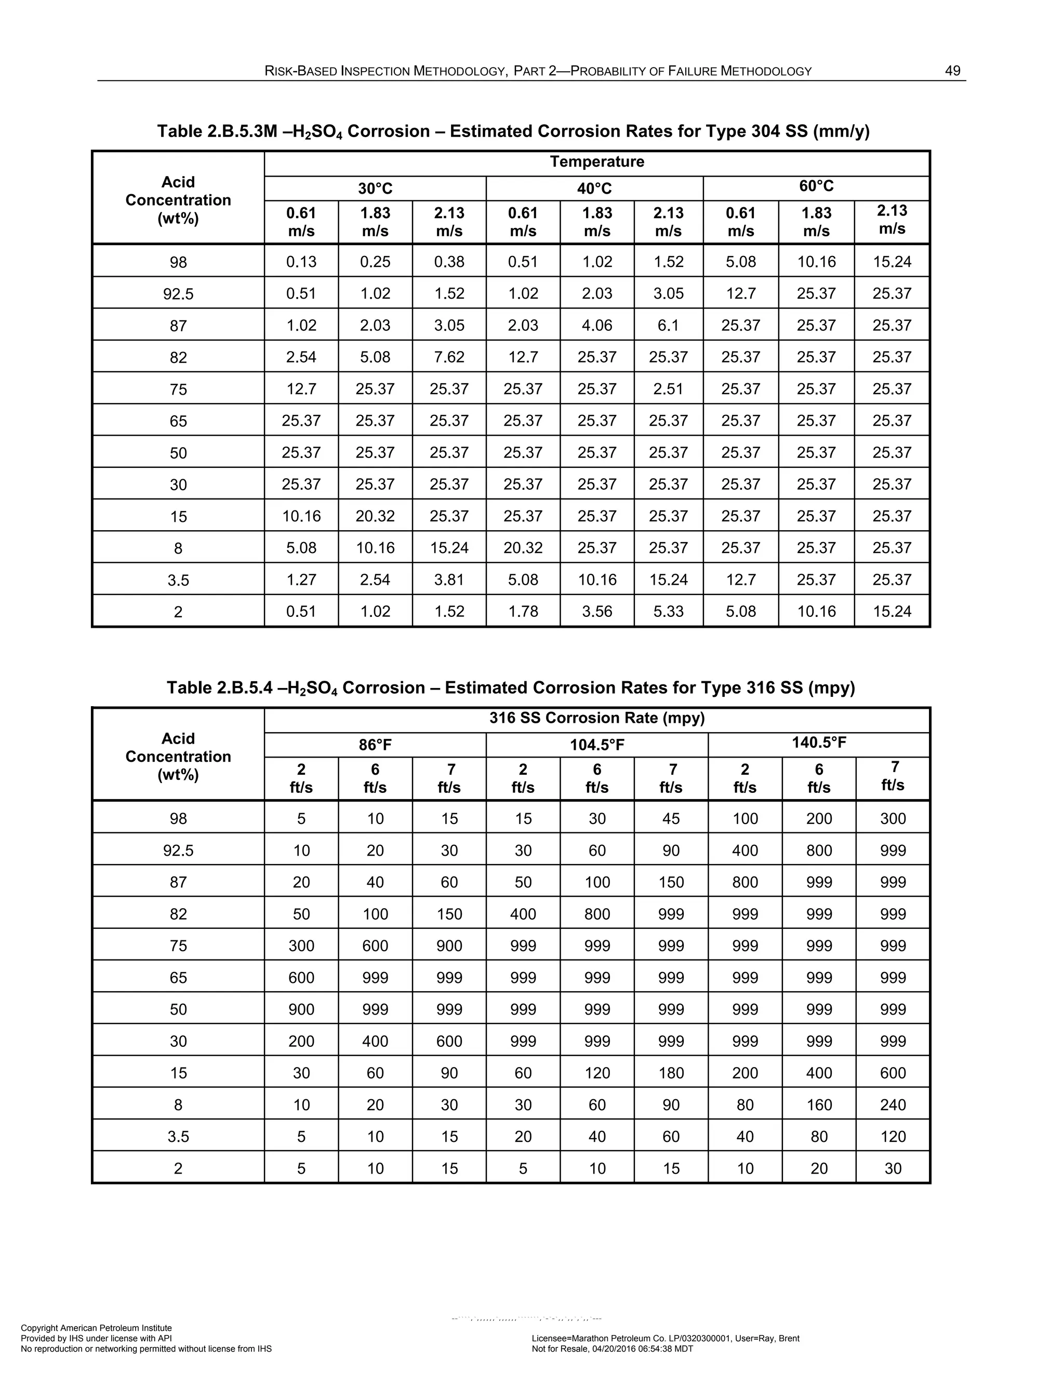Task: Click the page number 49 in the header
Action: click(x=952, y=71)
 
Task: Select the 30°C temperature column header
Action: click(x=375, y=188)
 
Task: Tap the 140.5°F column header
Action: click(x=819, y=743)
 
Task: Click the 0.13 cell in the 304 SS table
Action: click(x=301, y=262)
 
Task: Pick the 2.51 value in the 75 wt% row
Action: click(x=668, y=389)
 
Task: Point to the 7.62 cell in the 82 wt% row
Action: click(x=449, y=357)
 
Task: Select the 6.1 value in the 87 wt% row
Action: click(x=668, y=325)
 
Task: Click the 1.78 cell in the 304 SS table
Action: click(x=523, y=611)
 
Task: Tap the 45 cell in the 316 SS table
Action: click(x=671, y=818)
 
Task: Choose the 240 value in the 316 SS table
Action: click(x=893, y=1104)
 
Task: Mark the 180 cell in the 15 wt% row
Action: click(x=671, y=1073)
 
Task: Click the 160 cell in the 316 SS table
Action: click(x=819, y=1104)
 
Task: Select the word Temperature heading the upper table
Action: click(x=596, y=162)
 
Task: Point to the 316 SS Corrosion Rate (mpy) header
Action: click(x=596, y=718)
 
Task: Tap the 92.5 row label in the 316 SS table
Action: click(x=178, y=851)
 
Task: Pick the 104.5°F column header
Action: click(x=596, y=745)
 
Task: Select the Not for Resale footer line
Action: click(x=612, y=1349)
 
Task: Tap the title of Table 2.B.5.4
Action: click(x=511, y=687)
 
